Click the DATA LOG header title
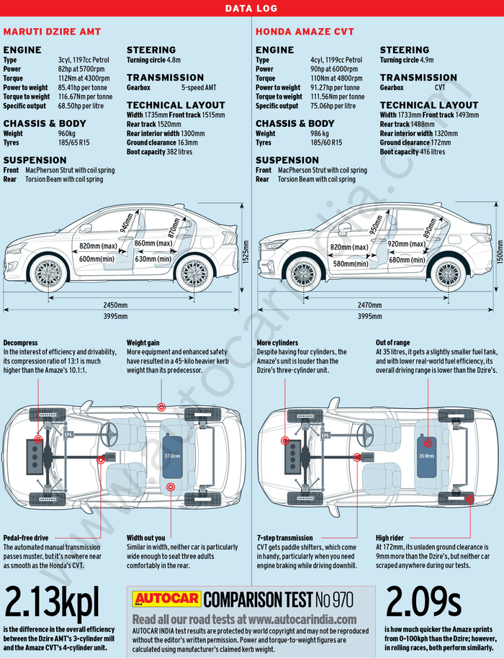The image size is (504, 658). [251, 9]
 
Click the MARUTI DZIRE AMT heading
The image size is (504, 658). [52, 32]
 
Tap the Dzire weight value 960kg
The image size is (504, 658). [67, 134]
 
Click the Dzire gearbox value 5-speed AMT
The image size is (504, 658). [199, 88]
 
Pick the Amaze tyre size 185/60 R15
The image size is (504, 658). [326, 143]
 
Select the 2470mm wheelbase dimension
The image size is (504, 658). [370, 305]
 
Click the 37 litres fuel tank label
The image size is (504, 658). [172, 456]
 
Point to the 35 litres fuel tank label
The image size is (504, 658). [427, 456]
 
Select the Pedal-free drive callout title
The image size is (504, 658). [26, 538]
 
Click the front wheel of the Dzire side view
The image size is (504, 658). [49, 274]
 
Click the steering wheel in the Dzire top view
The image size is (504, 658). [112, 433]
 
